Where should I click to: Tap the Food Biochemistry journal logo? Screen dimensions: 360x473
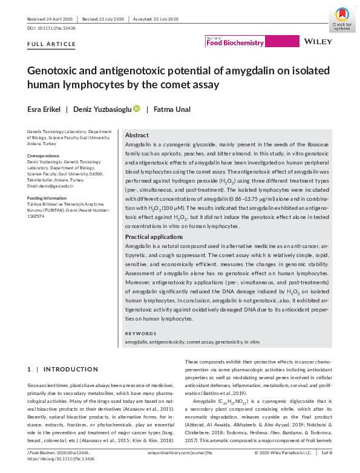pos(235,42)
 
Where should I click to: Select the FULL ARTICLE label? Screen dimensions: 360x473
pos(51,45)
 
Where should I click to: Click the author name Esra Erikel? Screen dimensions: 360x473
pos(44,109)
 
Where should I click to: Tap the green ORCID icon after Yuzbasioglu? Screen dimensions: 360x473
pos(137,109)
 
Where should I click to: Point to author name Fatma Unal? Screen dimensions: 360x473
pos(172,109)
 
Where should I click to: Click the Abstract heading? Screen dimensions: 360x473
pos(137,135)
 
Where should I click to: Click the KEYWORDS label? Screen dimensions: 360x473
pos(140,333)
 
